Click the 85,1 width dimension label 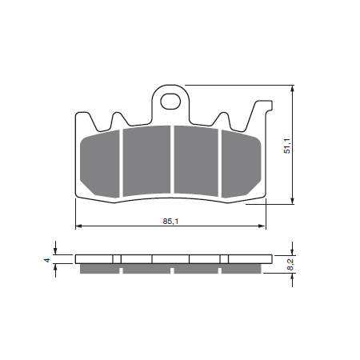point(170,221)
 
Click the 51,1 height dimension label point(287,146)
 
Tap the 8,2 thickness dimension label point(290,265)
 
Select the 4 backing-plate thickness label point(47,260)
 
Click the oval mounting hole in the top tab point(170,102)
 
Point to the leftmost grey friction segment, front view point(99,164)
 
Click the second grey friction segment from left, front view point(146,161)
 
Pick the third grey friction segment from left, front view point(196,161)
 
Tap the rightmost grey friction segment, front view point(241,164)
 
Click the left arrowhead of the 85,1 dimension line point(78,226)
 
